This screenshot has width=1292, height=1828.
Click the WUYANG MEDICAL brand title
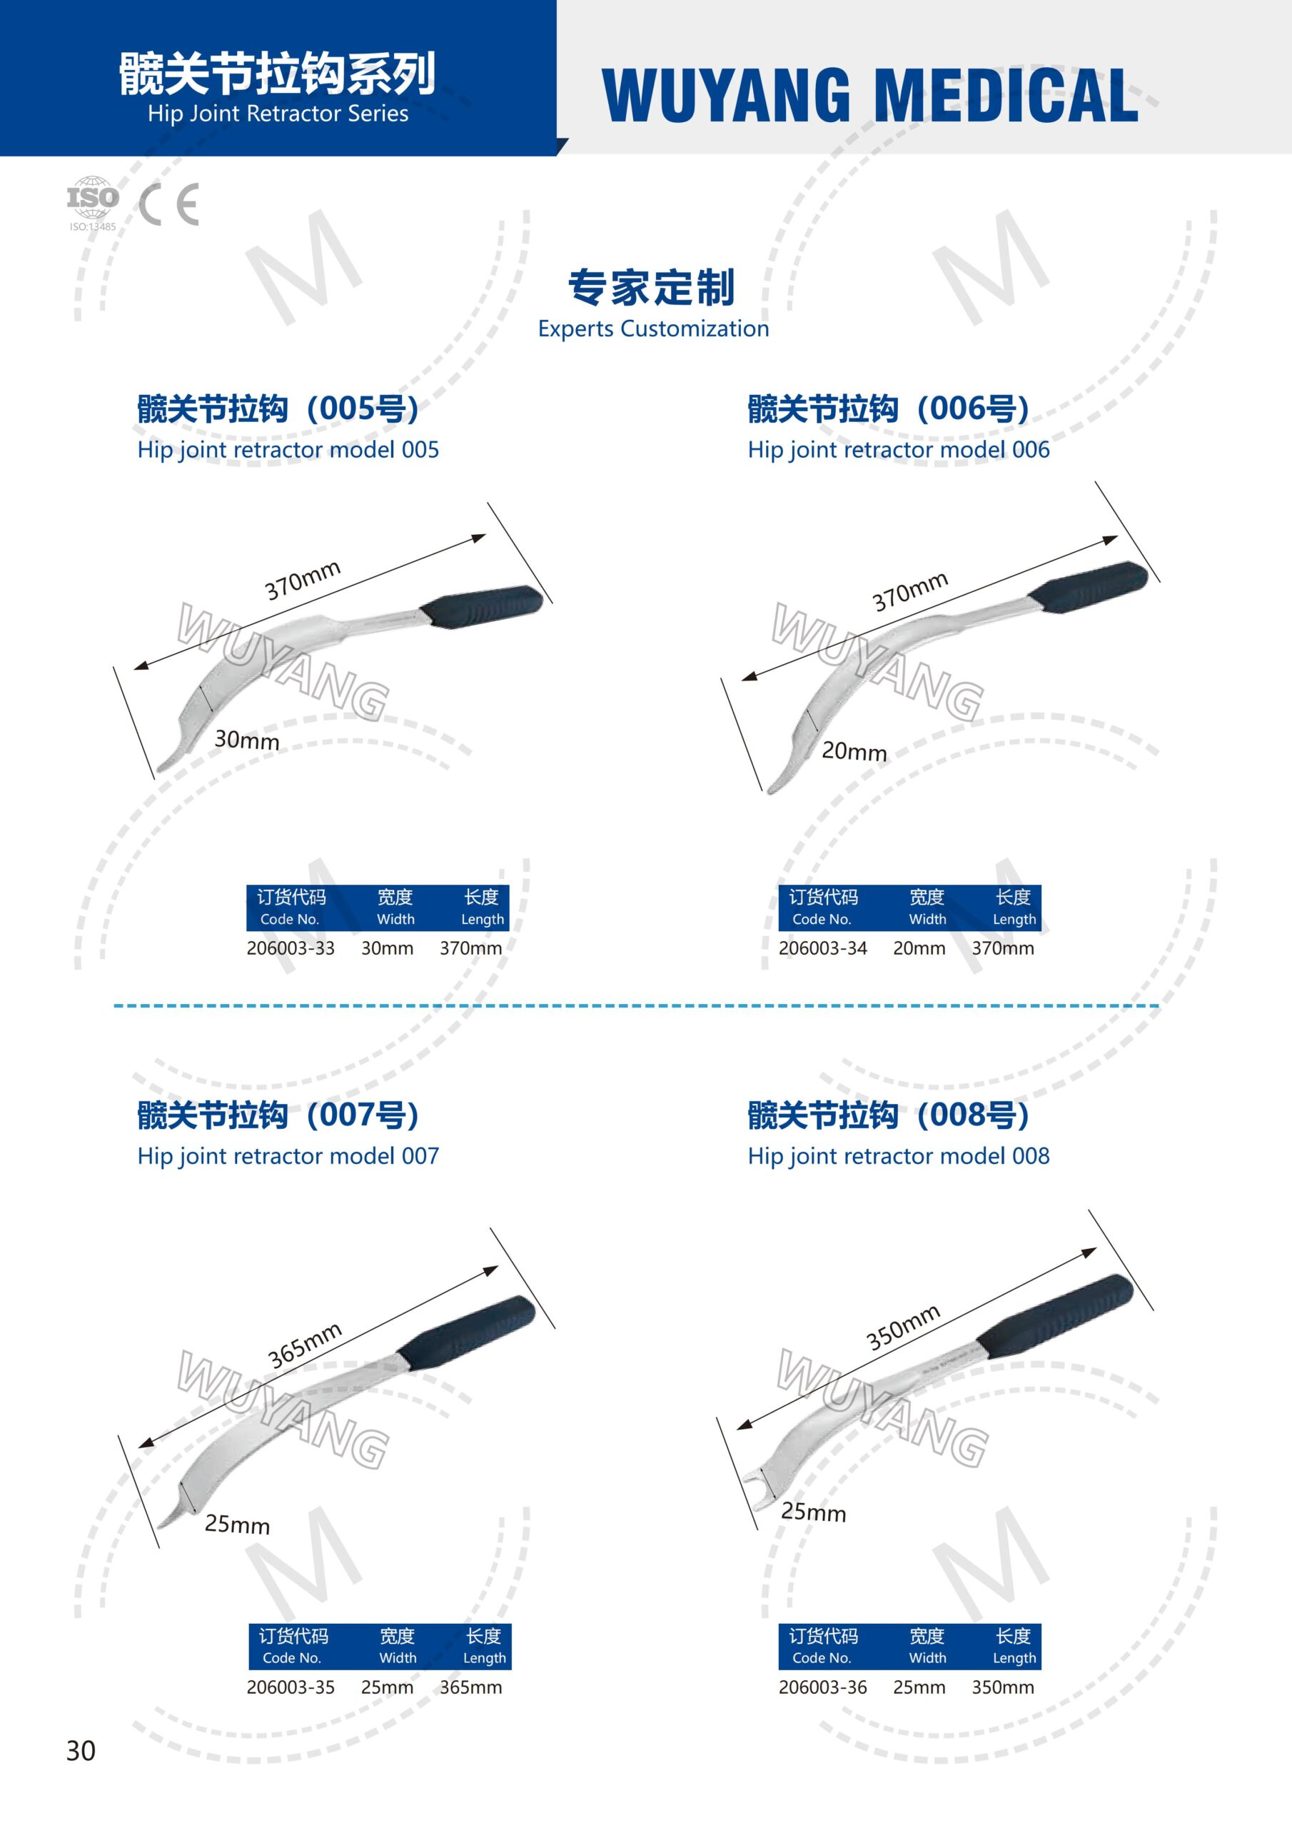pyautogui.click(x=870, y=95)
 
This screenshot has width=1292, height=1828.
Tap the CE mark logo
pyautogui.click(x=168, y=205)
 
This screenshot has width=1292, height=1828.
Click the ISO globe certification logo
pyautogui.click(x=92, y=204)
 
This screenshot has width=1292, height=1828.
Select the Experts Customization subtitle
pyautogui.click(x=654, y=328)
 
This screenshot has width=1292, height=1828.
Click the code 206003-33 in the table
pyautogui.click(x=291, y=948)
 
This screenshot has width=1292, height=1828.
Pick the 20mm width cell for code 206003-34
pyautogui.click(x=919, y=948)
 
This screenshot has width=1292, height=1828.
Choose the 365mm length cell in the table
pyautogui.click(x=470, y=1687)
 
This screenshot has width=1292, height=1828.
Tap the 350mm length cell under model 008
pyautogui.click(x=1003, y=1687)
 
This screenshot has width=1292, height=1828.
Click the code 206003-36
pyautogui.click(x=822, y=1687)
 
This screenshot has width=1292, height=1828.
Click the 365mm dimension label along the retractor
pyautogui.click(x=305, y=1345)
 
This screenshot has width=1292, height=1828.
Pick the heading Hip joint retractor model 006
pyautogui.click(x=899, y=450)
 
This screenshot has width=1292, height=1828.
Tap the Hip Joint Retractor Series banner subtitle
pyautogui.click(x=278, y=114)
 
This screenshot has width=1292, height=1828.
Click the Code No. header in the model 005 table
pyautogui.click(x=290, y=919)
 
